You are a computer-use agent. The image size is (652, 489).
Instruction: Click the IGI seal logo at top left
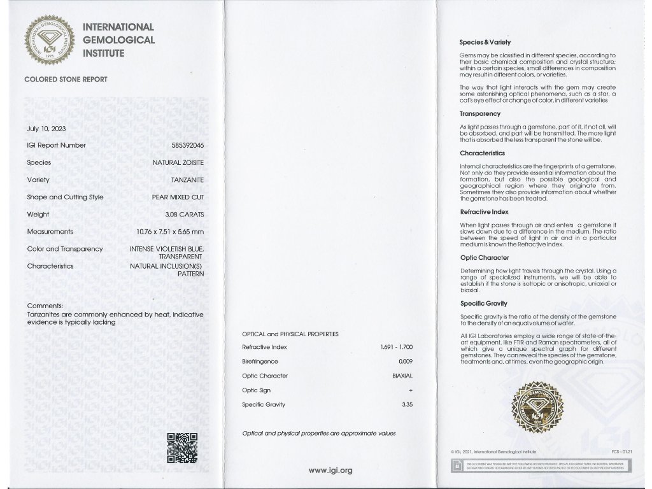49,40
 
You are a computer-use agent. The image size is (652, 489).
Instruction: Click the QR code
181,447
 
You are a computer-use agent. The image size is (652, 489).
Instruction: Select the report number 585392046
188,145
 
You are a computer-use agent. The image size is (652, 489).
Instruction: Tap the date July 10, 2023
46,128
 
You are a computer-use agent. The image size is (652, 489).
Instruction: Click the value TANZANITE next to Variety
187,180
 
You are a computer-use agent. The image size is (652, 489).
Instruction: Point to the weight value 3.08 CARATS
185,215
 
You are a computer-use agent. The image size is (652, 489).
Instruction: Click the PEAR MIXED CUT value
178,197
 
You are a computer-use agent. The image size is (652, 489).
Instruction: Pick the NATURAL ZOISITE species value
178,163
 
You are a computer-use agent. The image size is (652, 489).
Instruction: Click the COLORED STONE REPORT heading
66,80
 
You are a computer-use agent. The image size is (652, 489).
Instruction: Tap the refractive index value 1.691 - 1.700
396,347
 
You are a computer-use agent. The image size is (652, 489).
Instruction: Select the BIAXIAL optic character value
402,376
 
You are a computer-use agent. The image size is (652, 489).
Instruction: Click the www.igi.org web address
330,471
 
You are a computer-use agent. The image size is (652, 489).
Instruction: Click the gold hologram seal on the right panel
538,407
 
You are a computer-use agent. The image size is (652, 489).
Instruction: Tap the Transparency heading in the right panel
480,114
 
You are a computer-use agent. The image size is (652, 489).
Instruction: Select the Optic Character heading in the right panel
485,258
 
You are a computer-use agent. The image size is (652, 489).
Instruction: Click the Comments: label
45,306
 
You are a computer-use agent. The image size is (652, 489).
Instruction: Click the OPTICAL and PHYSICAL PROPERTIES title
290,334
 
